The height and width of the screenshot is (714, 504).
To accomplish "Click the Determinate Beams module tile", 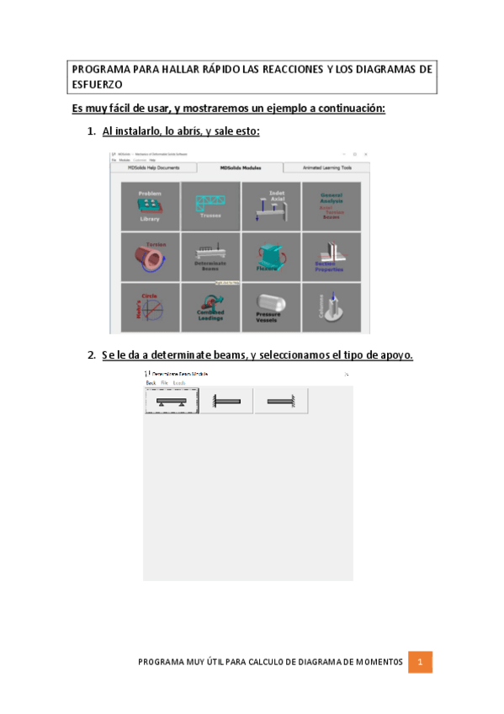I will pyautogui.click(x=210, y=256).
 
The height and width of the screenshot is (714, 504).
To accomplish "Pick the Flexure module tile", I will pyautogui.click(x=271, y=256).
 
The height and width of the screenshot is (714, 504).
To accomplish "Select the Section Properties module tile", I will pyautogui.click(x=332, y=256).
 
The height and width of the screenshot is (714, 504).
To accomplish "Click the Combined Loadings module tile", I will pyautogui.click(x=210, y=306).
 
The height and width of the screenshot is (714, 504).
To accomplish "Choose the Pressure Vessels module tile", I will pyautogui.click(x=271, y=306).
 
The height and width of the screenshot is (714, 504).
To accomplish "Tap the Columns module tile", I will pyautogui.click(x=332, y=306).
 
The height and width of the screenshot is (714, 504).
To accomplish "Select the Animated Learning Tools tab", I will pyautogui.click(x=327, y=168).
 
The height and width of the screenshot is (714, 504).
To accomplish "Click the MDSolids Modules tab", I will pyautogui.click(x=241, y=168).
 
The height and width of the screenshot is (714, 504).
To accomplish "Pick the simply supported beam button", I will pyautogui.click(x=172, y=402).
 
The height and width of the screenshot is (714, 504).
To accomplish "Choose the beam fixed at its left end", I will pyautogui.click(x=226, y=402).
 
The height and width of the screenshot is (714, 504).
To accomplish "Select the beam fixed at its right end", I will pyautogui.click(x=281, y=402).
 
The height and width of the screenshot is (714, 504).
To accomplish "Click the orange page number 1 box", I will pyautogui.click(x=420, y=663).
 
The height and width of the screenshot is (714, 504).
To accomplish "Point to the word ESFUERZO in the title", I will pyautogui.click(x=97, y=84).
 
